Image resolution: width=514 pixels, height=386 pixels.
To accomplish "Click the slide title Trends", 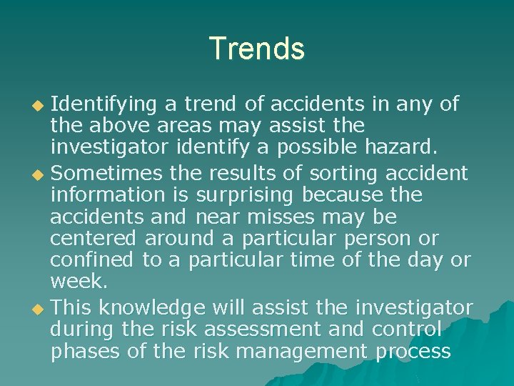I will tap(257, 49).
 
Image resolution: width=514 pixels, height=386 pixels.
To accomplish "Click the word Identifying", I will tap(104, 104).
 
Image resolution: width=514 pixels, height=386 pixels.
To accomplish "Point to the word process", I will tap(417, 352).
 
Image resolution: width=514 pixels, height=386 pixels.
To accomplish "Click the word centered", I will tap(94, 238).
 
